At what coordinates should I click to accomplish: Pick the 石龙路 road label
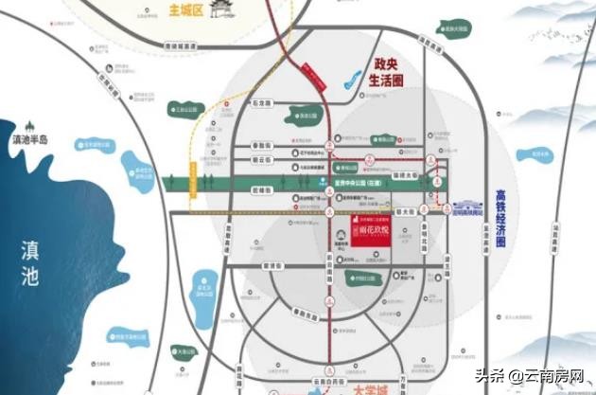pos(260,102)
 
